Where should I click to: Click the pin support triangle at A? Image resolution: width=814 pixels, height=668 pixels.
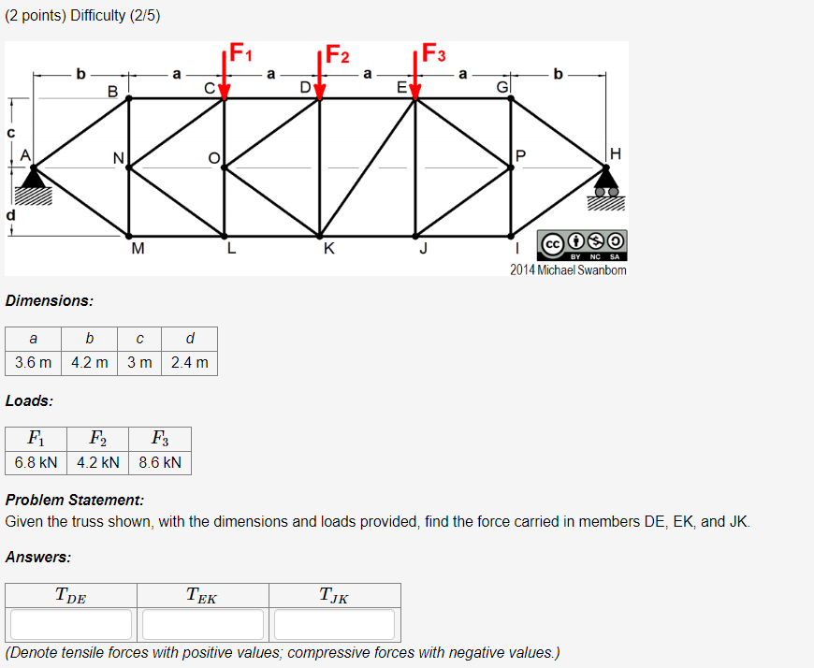[34, 177]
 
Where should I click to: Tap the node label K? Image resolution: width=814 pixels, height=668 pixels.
[328, 249]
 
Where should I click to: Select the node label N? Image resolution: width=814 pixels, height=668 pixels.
[117, 158]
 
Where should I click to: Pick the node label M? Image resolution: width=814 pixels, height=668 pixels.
[138, 249]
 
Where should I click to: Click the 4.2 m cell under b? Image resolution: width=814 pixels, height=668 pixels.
[90, 362]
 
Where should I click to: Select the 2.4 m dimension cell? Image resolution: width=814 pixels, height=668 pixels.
[190, 362]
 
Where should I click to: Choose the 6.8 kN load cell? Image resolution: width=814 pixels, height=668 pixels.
[36, 463]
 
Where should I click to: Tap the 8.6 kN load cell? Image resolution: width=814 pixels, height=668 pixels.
[161, 463]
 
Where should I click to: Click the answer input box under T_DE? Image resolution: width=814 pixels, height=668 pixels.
[71, 624]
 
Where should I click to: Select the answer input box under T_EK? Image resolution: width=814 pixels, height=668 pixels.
[203, 624]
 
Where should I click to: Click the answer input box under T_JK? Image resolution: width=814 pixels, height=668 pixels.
[335, 624]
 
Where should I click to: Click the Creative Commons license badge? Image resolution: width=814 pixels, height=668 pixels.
[582, 244]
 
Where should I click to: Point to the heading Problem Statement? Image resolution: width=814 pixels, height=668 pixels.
[75, 500]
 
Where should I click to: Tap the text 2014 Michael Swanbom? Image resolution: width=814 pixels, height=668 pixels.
[568, 270]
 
